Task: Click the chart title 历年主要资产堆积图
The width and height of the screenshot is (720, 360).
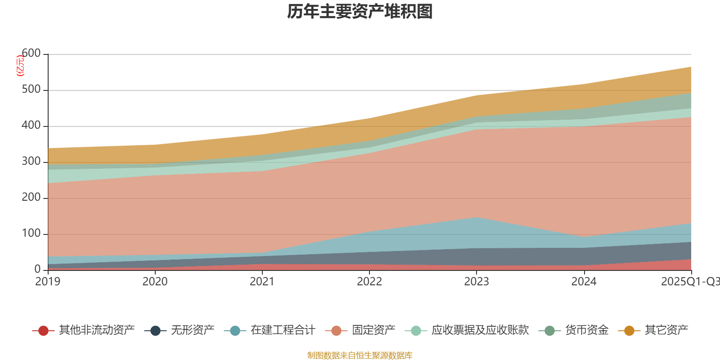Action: (360, 12)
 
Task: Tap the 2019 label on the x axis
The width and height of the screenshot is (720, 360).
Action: (48, 282)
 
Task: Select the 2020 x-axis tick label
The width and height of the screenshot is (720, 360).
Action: (155, 282)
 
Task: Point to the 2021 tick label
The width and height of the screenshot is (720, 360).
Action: (262, 282)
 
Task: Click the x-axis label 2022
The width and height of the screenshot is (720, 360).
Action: (369, 282)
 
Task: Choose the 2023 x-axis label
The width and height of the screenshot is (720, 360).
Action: (477, 282)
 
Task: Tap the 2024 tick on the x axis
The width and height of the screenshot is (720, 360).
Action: (584, 282)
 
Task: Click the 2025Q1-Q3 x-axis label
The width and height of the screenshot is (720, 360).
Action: (690, 282)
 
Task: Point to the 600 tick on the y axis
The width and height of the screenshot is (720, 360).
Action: (31, 54)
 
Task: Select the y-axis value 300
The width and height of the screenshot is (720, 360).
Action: (31, 162)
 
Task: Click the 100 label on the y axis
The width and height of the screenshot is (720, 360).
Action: (31, 234)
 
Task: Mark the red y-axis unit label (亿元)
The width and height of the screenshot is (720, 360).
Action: (20, 66)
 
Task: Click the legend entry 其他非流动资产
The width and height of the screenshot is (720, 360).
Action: (96, 330)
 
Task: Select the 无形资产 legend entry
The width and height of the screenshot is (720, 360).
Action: (192, 330)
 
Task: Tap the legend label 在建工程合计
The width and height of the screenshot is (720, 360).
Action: (283, 330)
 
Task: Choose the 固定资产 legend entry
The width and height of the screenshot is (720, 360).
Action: (373, 330)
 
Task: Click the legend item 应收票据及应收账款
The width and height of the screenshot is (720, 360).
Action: (480, 330)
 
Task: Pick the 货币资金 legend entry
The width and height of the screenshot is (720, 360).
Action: (587, 330)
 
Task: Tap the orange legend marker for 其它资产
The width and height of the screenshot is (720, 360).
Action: (629, 331)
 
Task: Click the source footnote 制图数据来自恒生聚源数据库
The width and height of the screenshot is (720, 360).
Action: (360, 355)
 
